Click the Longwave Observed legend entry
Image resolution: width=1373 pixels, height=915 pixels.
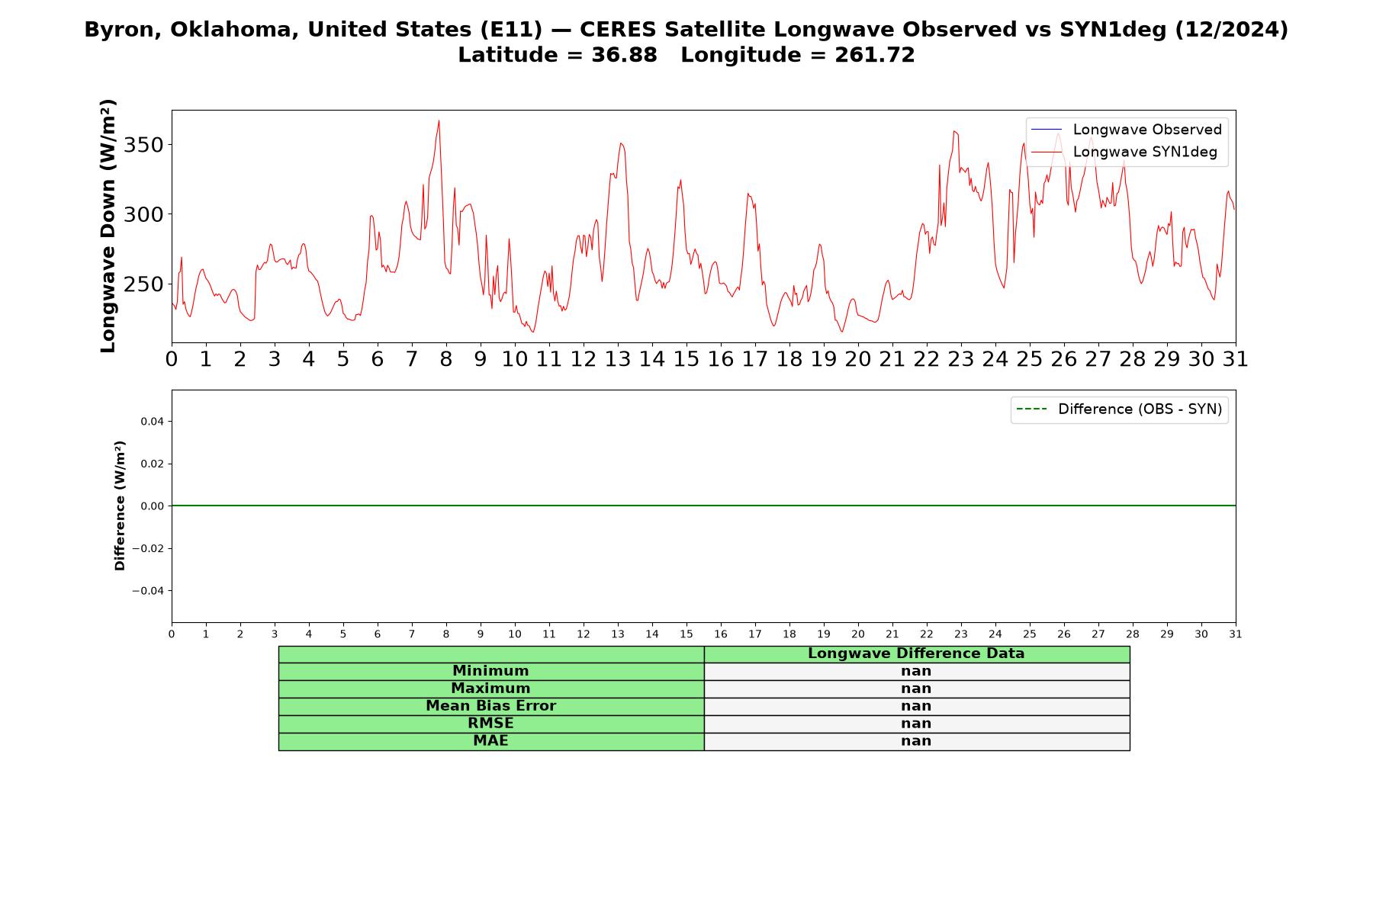(1126, 130)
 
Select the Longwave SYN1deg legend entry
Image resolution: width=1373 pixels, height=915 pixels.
(1124, 152)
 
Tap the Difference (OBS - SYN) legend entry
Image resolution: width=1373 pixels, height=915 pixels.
(1119, 409)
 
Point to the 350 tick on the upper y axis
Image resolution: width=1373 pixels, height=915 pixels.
(143, 145)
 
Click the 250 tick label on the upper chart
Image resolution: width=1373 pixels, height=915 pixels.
(143, 284)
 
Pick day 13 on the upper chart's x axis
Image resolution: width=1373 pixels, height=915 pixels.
(618, 359)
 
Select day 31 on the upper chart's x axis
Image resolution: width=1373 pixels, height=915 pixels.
(1236, 359)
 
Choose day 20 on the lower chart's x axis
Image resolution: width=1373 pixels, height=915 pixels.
(858, 634)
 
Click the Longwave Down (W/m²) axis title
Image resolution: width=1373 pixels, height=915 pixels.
(108, 226)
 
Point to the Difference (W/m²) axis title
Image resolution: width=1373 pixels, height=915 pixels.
(120, 506)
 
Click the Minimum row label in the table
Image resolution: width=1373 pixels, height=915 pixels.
(490, 671)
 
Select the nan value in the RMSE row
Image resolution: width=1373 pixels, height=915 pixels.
(916, 724)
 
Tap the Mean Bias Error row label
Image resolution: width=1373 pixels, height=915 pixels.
(490, 706)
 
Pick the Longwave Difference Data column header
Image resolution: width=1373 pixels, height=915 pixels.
(916, 653)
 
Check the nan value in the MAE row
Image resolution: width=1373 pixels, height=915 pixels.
(916, 741)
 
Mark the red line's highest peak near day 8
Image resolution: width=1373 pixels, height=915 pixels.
(439, 120)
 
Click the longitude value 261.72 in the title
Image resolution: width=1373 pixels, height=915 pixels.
(875, 55)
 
